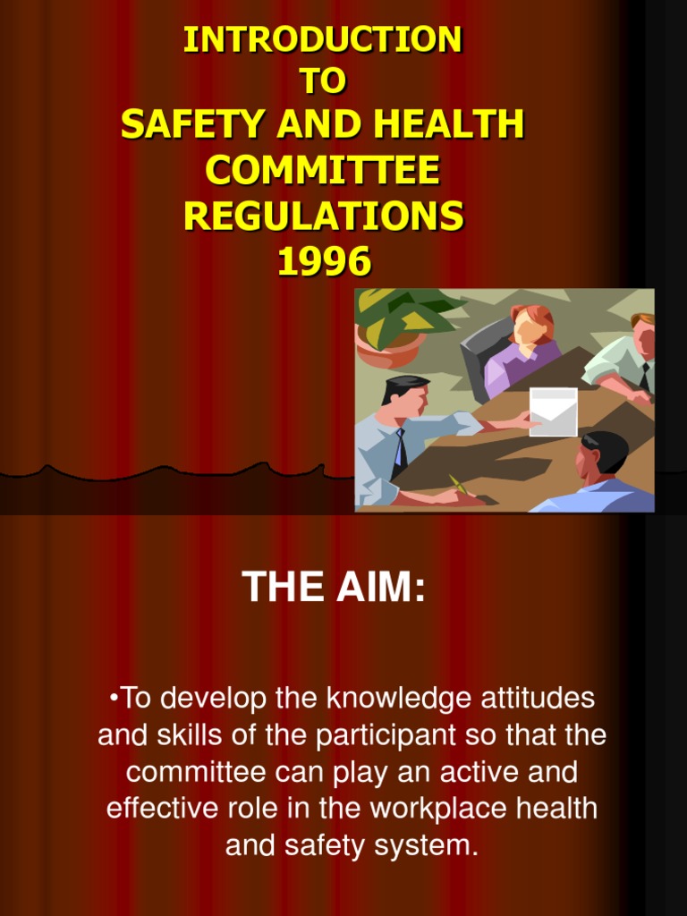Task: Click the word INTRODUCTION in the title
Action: (323, 39)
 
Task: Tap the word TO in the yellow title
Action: (323, 82)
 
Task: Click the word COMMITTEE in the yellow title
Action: (323, 170)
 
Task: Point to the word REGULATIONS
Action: (323, 216)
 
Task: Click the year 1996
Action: (323, 261)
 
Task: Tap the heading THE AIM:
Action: (334, 587)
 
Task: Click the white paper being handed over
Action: (553, 411)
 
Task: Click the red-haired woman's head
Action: (531, 325)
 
